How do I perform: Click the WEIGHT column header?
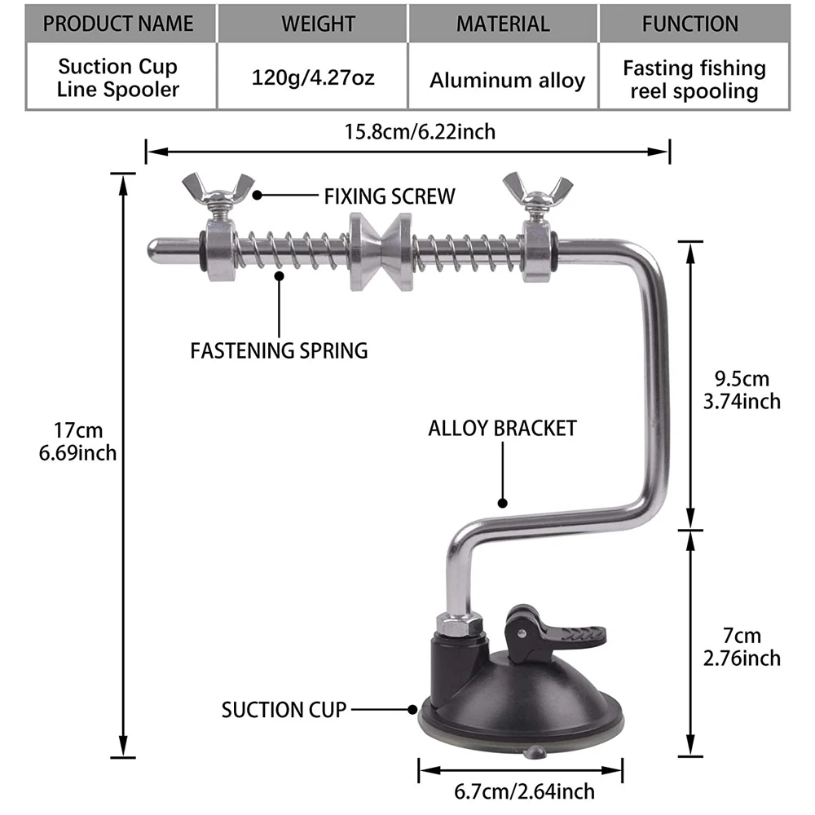coord(318,24)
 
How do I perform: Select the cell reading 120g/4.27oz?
coord(313,77)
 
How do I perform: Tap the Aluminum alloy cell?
coord(507,80)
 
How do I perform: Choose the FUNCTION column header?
coord(689,24)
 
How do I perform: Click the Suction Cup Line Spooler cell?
coord(118,77)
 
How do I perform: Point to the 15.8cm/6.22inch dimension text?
coord(420,131)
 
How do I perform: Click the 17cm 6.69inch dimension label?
coord(78,442)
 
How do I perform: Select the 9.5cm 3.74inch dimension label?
coord(742,390)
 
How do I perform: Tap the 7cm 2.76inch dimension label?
coord(742,646)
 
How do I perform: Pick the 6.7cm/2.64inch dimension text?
coord(524,791)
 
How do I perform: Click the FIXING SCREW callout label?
coord(390,196)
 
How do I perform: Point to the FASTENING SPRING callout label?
coord(279,350)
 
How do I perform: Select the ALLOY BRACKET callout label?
coord(503,429)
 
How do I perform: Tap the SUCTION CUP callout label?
coord(284,710)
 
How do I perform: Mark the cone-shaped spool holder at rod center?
coord(381,252)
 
